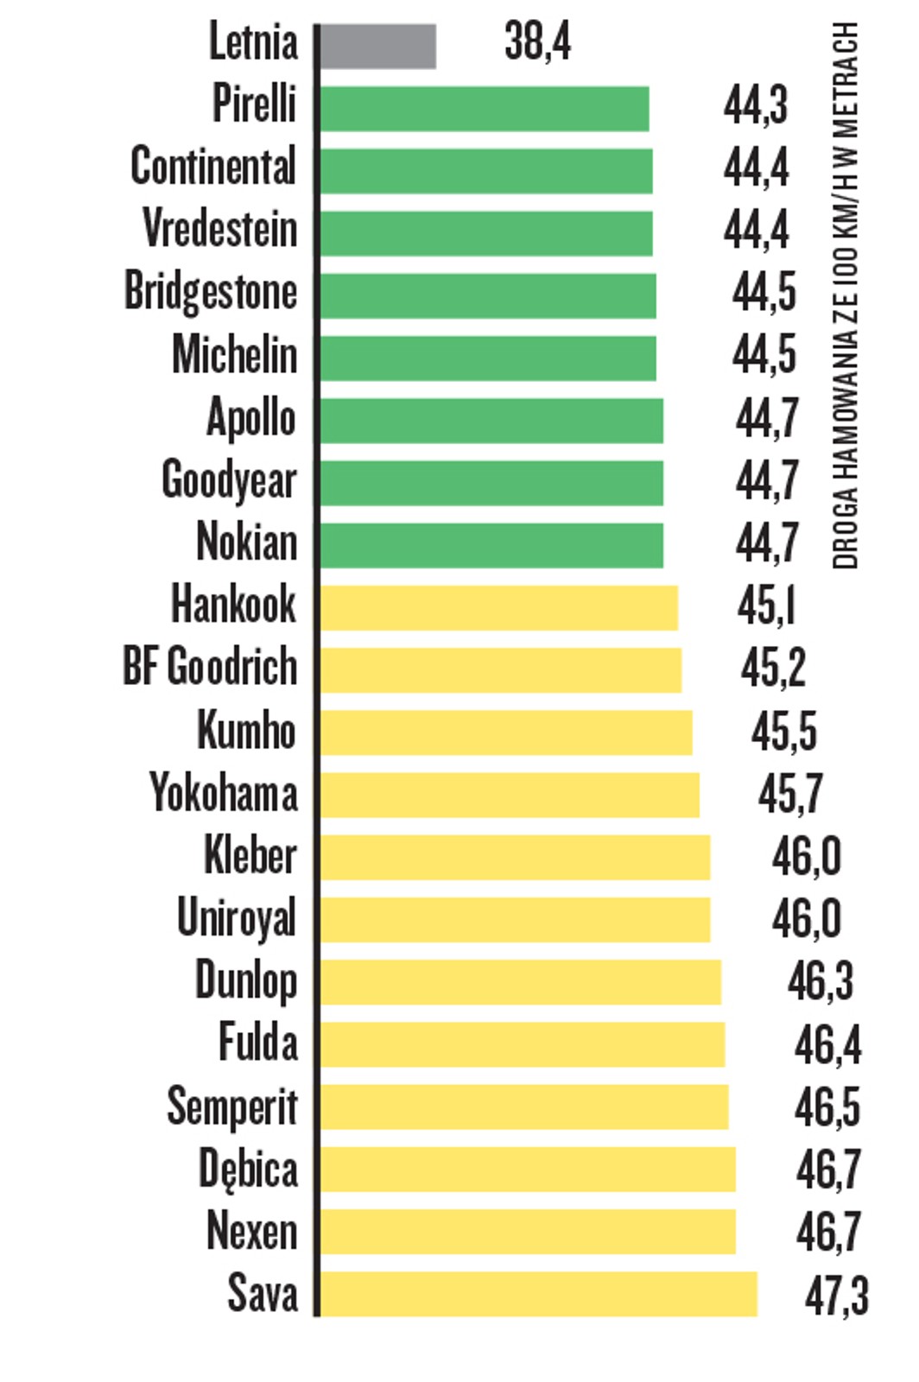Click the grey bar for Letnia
[377, 46]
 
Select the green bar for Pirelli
[484, 109]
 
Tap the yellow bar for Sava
[538, 1294]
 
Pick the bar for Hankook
[498, 607]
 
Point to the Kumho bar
[505, 732]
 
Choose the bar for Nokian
[491, 545]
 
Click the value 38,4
[537, 41]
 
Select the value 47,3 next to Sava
[836, 1296]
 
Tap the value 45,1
[766, 605]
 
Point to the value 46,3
[820, 980]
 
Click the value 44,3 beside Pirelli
[756, 105]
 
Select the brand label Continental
[213, 167]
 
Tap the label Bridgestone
[211, 291]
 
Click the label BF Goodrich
[210, 667]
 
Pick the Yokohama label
[223, 792]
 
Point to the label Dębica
[248, 1169]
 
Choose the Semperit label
[231, 1106]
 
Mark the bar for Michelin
[487, 358]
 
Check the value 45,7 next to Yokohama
[790, 793]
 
